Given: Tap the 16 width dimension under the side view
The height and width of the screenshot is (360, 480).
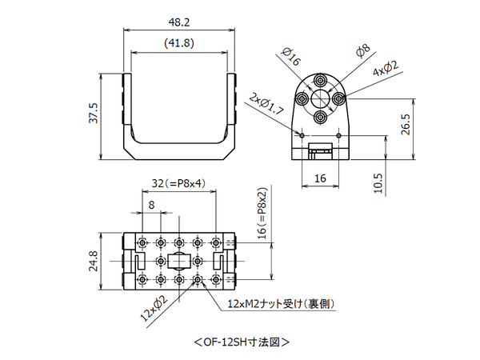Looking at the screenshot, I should point(320,178).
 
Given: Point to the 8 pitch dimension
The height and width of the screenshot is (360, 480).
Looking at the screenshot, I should point(151,205).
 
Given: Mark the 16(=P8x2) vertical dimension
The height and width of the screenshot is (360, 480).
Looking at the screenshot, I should point(260,216).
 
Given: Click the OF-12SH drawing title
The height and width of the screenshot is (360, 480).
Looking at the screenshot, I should point(241,342).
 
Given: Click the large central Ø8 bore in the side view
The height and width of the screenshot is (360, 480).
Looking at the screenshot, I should point(320,98).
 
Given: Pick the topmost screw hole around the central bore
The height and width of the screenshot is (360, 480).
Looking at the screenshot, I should point(320,81).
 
